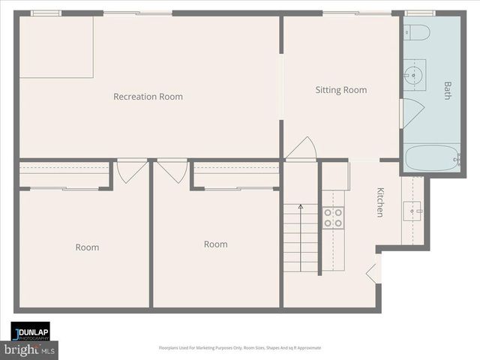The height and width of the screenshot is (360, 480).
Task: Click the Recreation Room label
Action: click(x=148, y=97)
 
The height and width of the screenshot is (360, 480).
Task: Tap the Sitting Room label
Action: click(x=340, y=90)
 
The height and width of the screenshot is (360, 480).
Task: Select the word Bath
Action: click(x=448, y=91)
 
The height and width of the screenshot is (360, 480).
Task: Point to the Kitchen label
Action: click(x=380, y=202)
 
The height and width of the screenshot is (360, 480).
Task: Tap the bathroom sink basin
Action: click(x=412, y=74)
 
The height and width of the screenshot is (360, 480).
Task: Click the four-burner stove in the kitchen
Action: click(x=333, y=217)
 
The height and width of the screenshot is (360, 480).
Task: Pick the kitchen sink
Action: click(x=412, y=210)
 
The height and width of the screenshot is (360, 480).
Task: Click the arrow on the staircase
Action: click(x=301, y=207)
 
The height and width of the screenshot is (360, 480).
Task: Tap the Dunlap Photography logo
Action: click(x=30, y=333)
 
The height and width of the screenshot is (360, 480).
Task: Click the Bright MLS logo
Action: click(x=30, y=349)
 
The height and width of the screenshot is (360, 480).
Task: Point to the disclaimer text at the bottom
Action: click(x=240, y=348)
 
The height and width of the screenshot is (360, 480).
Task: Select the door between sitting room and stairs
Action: click(x=301, y=148)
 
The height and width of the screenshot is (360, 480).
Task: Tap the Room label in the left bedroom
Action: click(x=87, y=247)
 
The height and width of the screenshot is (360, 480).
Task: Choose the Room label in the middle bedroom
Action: click(x=215, y=244)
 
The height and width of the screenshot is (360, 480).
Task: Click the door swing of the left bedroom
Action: click(x=129, y=170)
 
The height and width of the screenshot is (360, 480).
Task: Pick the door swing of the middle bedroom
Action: click(x=173, y=170)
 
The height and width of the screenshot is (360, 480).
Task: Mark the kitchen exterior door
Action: click(x=373, y=269)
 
